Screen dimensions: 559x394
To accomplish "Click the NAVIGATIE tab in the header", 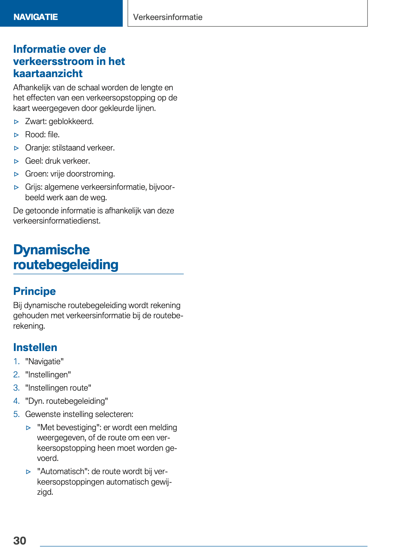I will (x=36, y=17).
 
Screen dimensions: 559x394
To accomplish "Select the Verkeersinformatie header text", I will (x=168, y=17).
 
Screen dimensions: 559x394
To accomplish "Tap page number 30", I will (x=20, y=540).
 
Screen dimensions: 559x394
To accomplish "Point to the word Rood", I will (x=34, y=135).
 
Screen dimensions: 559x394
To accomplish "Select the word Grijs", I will (x=33, y=187).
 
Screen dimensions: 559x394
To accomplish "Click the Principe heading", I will (x=34, y=291).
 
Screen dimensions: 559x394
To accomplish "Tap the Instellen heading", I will (x=35, y=347).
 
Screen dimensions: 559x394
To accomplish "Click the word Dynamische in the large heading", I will (x=51, y=250).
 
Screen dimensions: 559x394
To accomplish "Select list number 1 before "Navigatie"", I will (x=16, y=362).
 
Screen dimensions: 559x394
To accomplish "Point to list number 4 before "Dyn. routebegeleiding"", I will (x=16, y=401).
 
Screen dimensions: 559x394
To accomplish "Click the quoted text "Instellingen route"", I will (x=58, y=388).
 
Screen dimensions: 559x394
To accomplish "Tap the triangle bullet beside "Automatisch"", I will (x=28, y=472).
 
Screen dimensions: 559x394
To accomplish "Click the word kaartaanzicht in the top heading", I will (x=48, y=73).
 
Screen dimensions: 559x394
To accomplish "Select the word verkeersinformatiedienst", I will (x=57, y=221).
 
